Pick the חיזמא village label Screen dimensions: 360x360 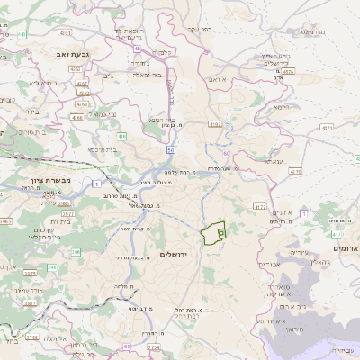click(x=280, y=106)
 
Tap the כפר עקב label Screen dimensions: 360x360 click(x=199, y=30)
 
